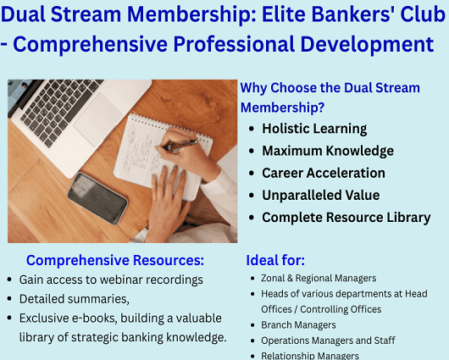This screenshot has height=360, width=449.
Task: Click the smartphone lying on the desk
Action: (97, 197)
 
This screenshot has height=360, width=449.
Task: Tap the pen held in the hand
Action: (180, 145)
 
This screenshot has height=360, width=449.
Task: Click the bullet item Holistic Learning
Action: (313, 129)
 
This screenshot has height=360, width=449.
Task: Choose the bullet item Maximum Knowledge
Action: (327, 151)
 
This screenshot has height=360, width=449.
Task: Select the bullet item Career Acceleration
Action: (323, 173)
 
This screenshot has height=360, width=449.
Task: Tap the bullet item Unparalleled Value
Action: (320, 195)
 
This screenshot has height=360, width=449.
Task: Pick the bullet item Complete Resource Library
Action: (346, 217)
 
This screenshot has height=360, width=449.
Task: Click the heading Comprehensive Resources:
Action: (115, 260)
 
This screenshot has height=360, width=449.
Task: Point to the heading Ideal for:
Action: (275, 260)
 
